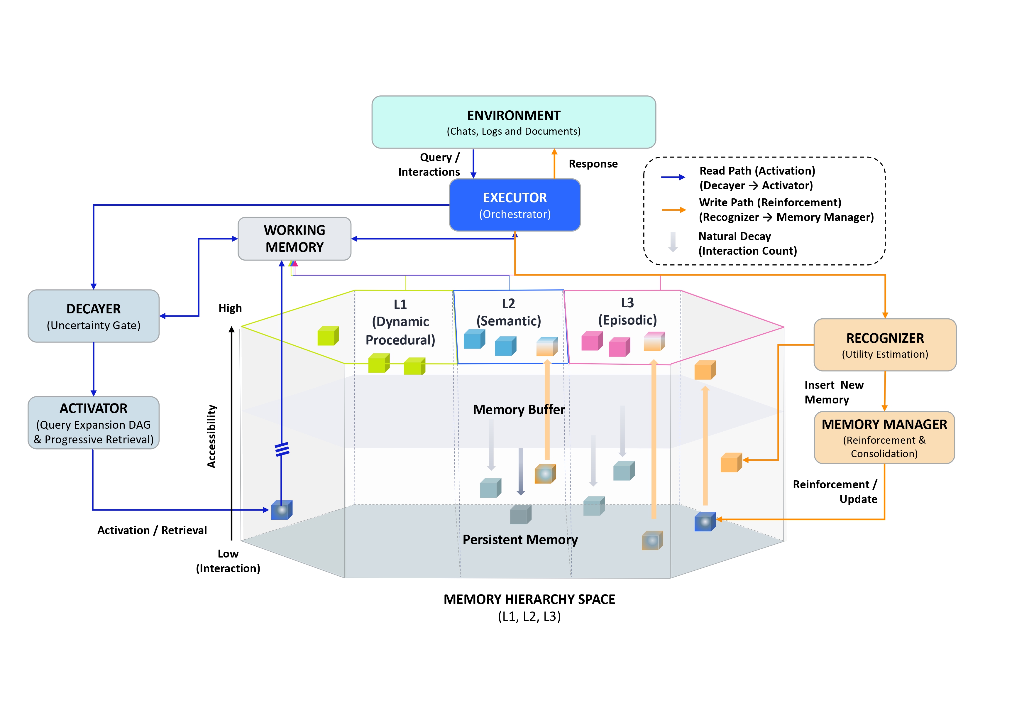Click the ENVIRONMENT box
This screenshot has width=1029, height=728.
514,122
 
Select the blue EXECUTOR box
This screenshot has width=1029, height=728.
514,205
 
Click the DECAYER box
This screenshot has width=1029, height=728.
93,316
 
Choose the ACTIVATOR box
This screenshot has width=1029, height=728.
93,423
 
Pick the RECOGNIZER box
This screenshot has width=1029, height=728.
885,345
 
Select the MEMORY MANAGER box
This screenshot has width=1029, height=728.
884,438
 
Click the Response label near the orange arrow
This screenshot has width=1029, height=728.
593,164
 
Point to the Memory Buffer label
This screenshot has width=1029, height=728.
519,410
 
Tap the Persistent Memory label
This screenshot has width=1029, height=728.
520,540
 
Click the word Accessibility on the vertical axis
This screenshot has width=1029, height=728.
211,436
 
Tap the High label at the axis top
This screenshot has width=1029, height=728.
230,308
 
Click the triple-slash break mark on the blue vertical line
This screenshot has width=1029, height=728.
282,449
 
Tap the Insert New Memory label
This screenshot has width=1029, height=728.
833,392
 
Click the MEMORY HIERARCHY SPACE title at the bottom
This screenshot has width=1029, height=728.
529,600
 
